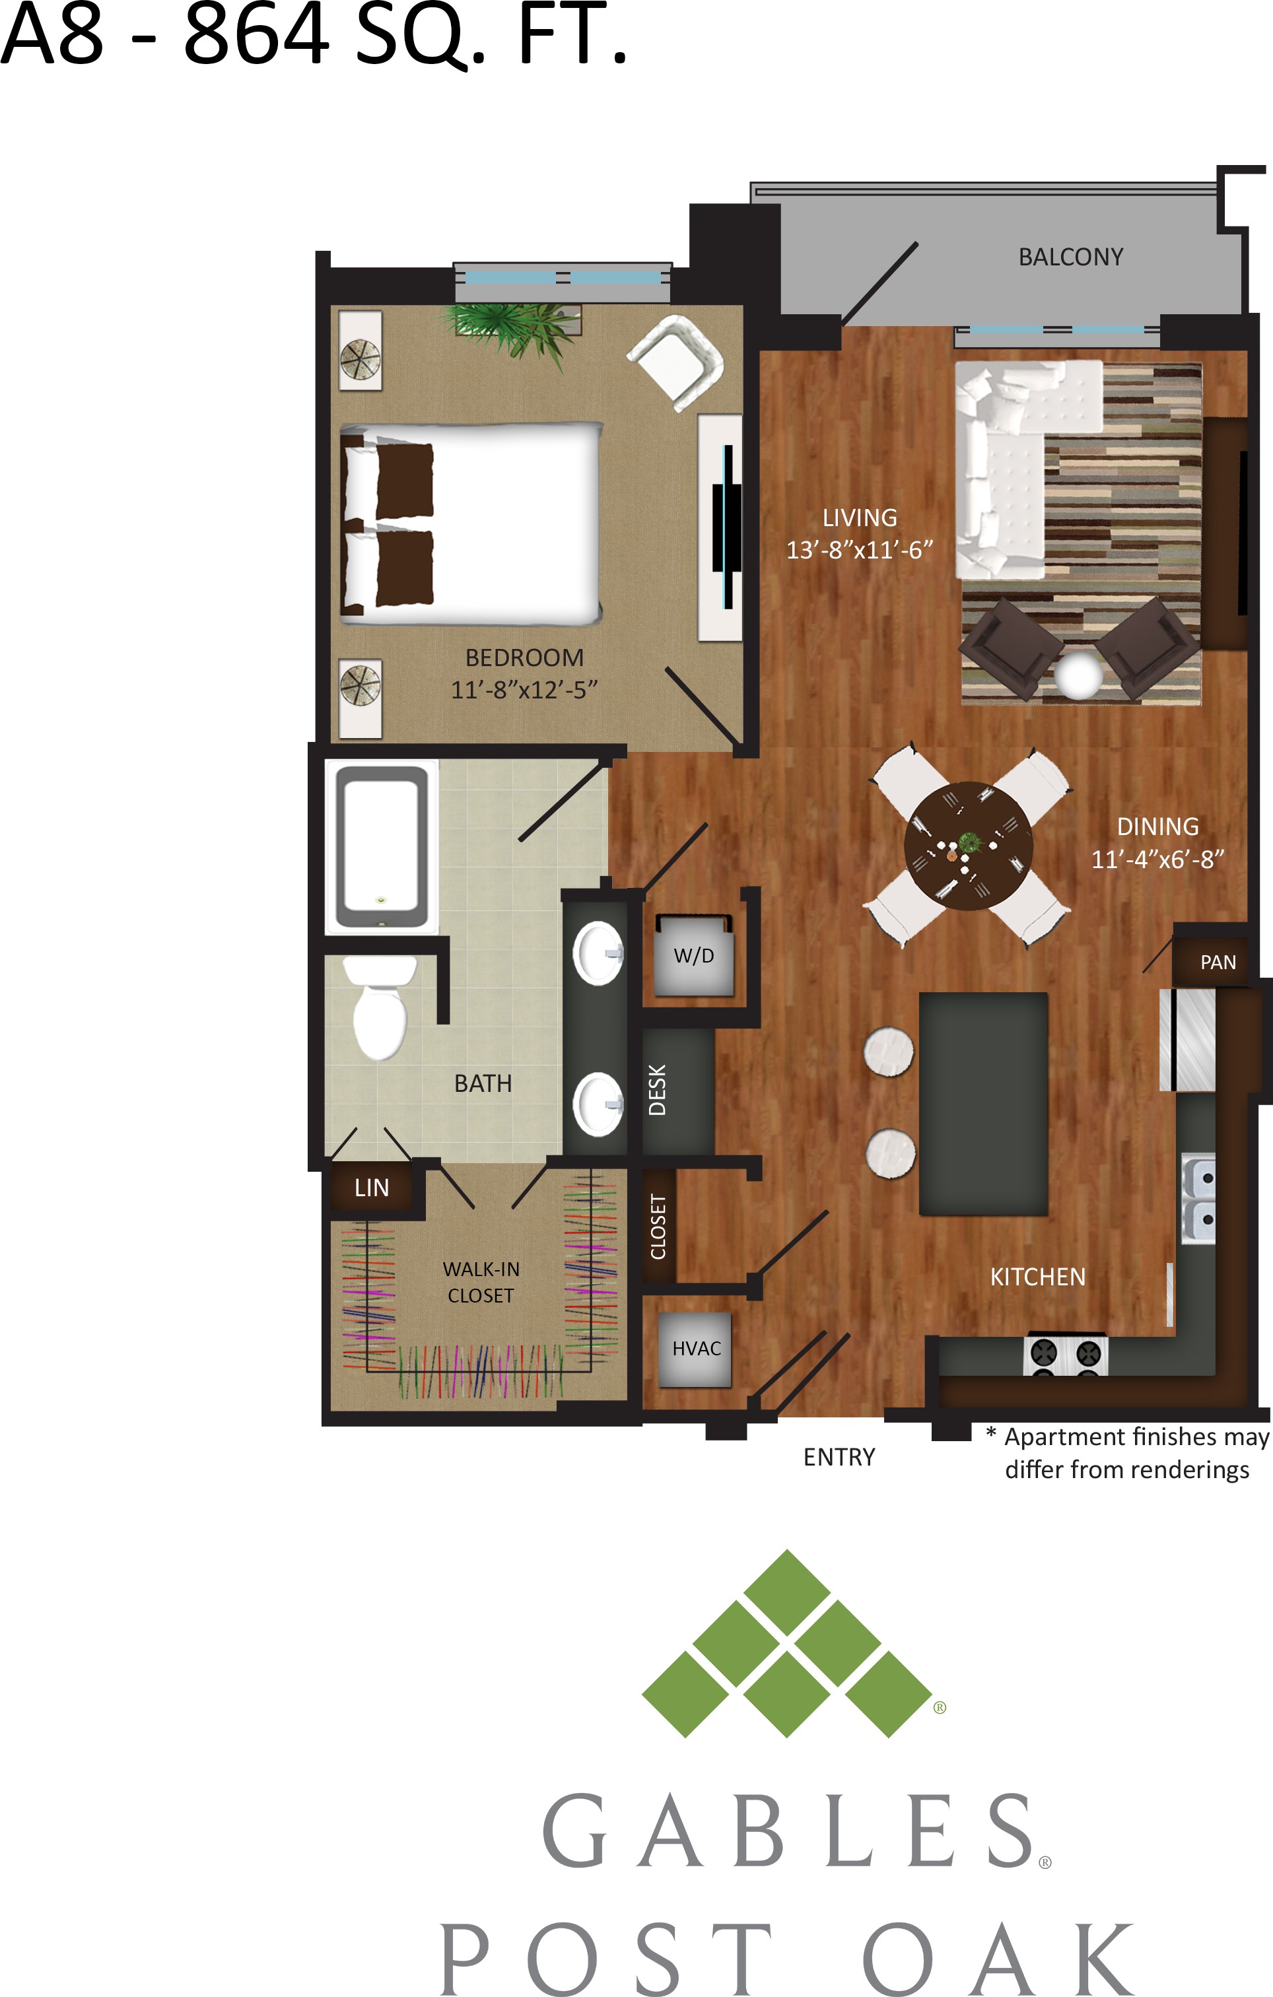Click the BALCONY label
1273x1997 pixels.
tap(1071, 257)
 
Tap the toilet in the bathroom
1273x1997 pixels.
tap(380, 1007)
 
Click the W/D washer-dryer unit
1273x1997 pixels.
tap(694, 955)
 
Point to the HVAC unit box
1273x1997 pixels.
tap(695, 1349)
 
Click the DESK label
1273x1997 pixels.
tap(658, 1090)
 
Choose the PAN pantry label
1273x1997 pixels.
tap(1218, 962)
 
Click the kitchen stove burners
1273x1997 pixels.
tap(1066, 1354)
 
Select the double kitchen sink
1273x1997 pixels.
tap(1198, 1198)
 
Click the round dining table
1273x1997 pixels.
tap(968, 846)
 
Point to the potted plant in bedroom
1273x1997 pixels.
tap(509, 331)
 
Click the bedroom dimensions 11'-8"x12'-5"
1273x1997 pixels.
tap(524, 689)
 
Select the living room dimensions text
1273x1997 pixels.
tap(859, 550)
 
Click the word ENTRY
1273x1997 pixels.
tap(839, 1457)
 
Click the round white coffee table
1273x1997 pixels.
tap(1079, 675)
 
